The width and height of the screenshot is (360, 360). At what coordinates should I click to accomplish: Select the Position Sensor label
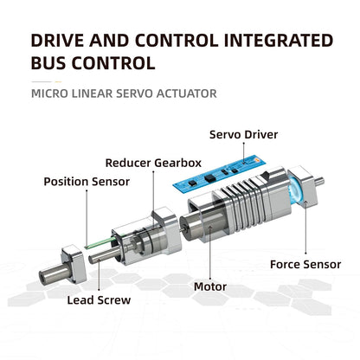coord(87,182)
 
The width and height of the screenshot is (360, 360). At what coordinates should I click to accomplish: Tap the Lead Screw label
coord(99,300)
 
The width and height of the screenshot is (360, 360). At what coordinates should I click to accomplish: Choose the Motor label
coord(210,286)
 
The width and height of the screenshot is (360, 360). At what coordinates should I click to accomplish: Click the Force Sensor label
coord(305,264)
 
